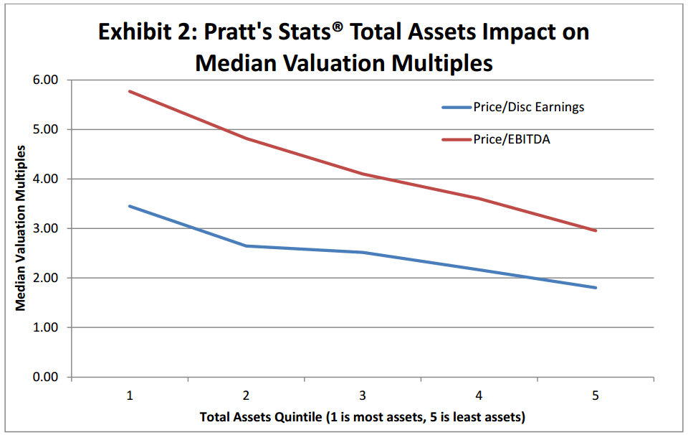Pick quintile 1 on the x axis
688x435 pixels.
point(130,396)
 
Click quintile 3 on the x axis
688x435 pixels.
point(363,396)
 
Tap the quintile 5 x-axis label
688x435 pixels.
point(596,396)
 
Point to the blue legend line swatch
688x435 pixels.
point(456,108)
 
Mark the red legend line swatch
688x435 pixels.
point(456,139)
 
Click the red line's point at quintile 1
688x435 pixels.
point(130,91)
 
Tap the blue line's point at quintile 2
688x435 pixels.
point(247,246)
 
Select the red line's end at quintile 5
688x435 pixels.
point(596,230)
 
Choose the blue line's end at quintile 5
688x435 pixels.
point(596,288)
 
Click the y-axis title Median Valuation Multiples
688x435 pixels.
point(21,228)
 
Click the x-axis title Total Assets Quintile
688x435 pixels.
point(363,417)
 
